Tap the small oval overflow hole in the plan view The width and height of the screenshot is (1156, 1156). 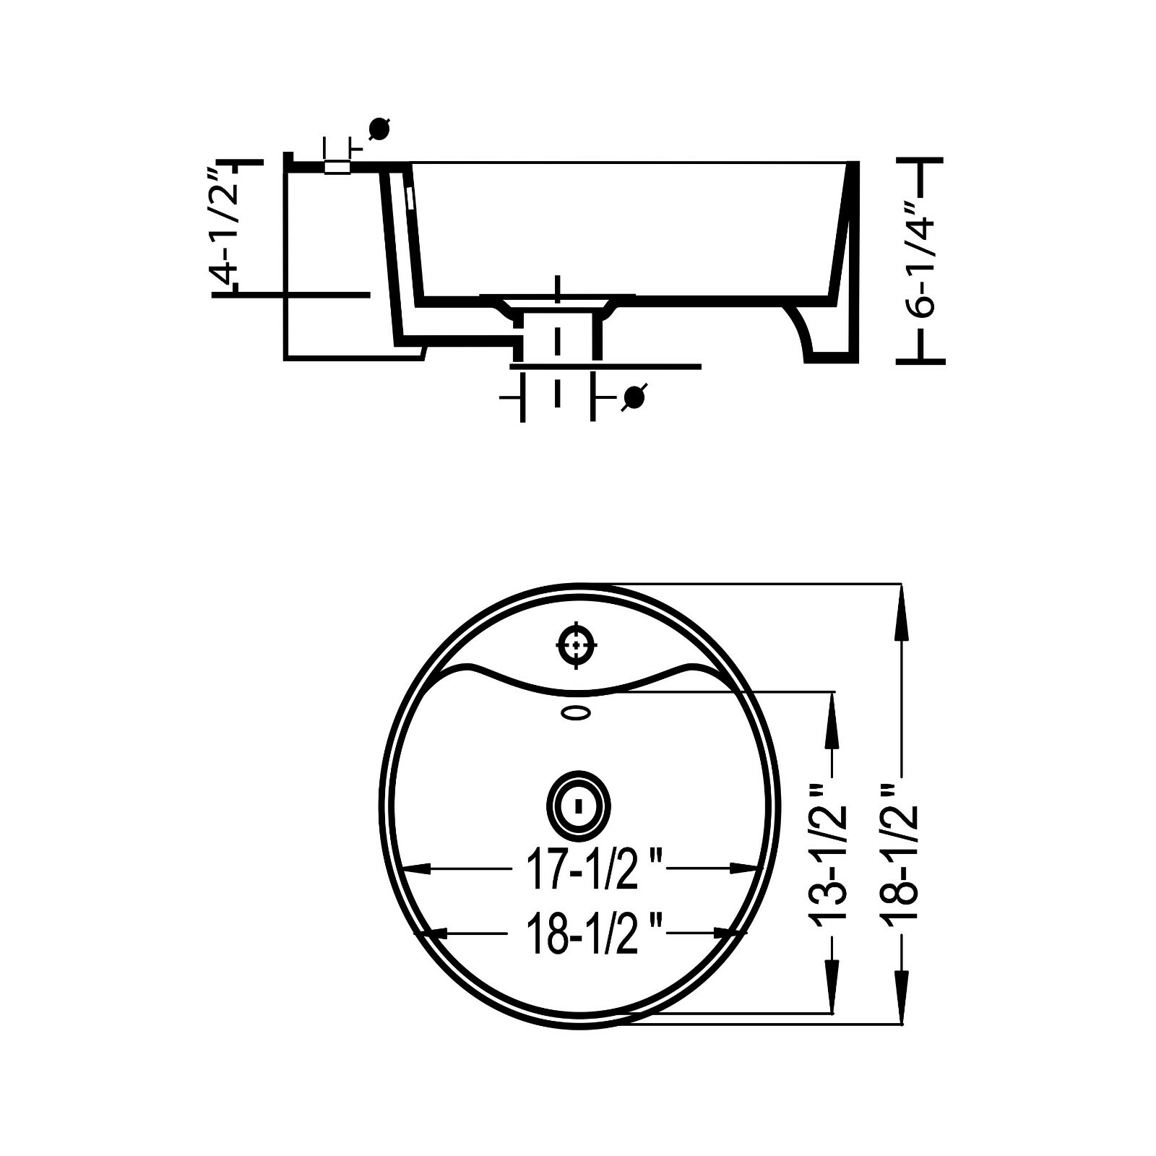pos(577,714)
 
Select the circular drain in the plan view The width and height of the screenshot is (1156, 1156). pos(578,805)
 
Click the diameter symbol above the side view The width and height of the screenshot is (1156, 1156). pos(379,129)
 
